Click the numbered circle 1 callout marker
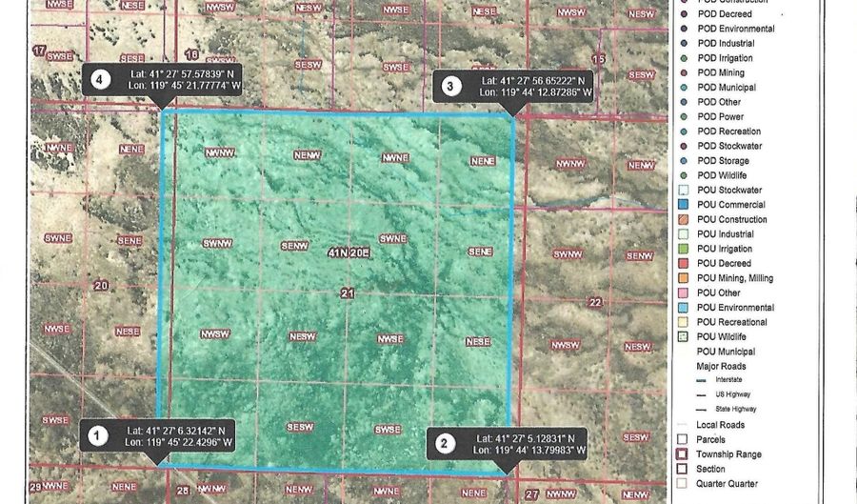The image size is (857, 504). [x=96, y=436]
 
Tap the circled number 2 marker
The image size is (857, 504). [x=444, y=442]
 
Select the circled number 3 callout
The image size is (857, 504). [x=450, y=87]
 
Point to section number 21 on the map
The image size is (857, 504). [x=347, y=294]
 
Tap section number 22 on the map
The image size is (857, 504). [x=596, y=302]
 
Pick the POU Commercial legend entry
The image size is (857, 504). [x=730, y=205]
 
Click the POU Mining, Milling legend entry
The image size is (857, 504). [x=734, y=278]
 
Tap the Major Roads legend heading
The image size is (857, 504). [x=722, y=366]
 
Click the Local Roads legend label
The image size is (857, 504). [x=721, y=425]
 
